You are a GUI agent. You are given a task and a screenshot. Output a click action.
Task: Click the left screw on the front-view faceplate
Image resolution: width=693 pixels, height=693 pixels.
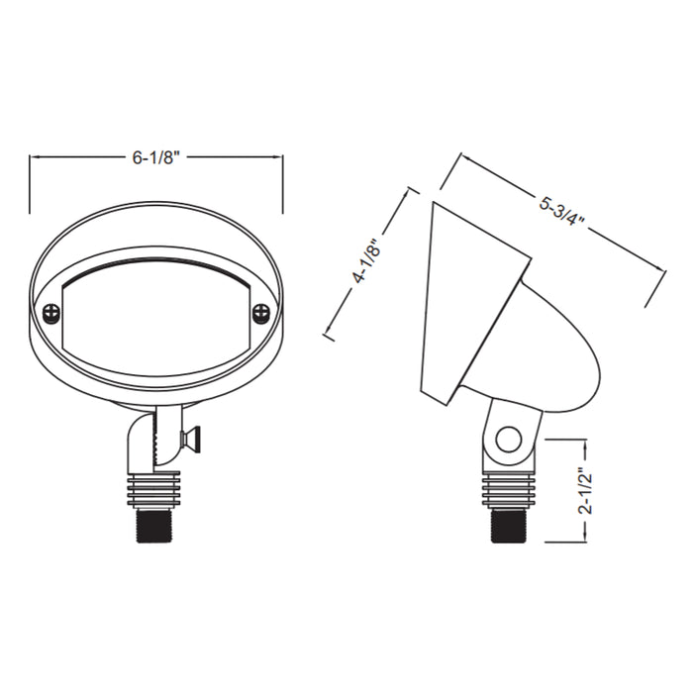click(x=50, y=313)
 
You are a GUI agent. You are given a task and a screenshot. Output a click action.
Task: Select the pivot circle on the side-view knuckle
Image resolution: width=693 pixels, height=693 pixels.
click(x=509, y=439)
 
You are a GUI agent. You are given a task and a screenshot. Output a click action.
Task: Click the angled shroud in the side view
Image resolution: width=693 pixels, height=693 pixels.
click(x=470, y=297)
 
